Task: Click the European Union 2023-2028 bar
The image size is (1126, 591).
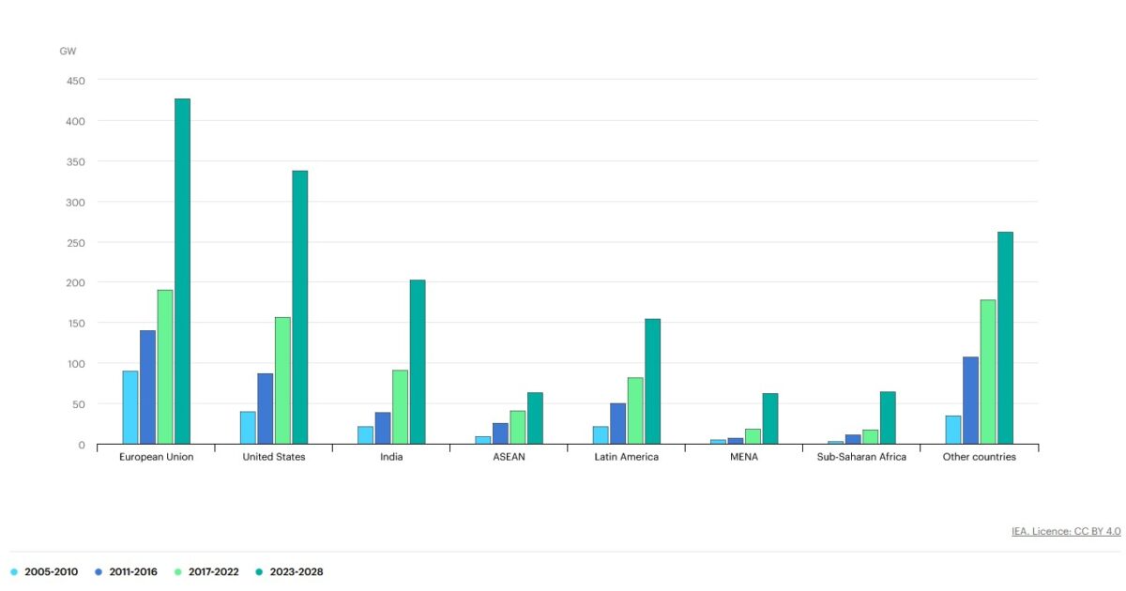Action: click(182, 271)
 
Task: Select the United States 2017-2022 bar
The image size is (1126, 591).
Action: click(282, 381)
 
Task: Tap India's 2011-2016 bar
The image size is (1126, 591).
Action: click(383, 428)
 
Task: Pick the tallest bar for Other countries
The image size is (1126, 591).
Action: click(1005, 339)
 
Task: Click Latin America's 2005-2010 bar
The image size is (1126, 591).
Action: click(601, 435)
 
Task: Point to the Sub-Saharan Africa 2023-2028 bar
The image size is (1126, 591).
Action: click(888, 418)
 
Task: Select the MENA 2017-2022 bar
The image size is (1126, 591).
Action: click(753, 437)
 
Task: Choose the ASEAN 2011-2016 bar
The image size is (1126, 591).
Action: click(501, 433)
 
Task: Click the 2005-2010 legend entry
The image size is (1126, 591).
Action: click(44, 572)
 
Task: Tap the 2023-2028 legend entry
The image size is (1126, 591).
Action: click(290, 572)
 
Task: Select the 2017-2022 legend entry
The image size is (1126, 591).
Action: click(206, 572)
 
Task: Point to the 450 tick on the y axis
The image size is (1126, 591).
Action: click(76, 81)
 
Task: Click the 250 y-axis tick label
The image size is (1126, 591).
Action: click(76, 243)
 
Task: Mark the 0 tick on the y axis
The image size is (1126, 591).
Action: click(82, 446)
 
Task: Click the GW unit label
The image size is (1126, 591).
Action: click(68, 52)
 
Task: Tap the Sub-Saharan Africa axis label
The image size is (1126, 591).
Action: click(861, 457)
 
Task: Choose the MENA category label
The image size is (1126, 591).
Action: click(744, 457)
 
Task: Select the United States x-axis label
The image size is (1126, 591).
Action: click(274, 457)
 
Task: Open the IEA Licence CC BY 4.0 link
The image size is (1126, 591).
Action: click(1066, 531)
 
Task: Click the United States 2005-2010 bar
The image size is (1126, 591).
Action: click(248, 428)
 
